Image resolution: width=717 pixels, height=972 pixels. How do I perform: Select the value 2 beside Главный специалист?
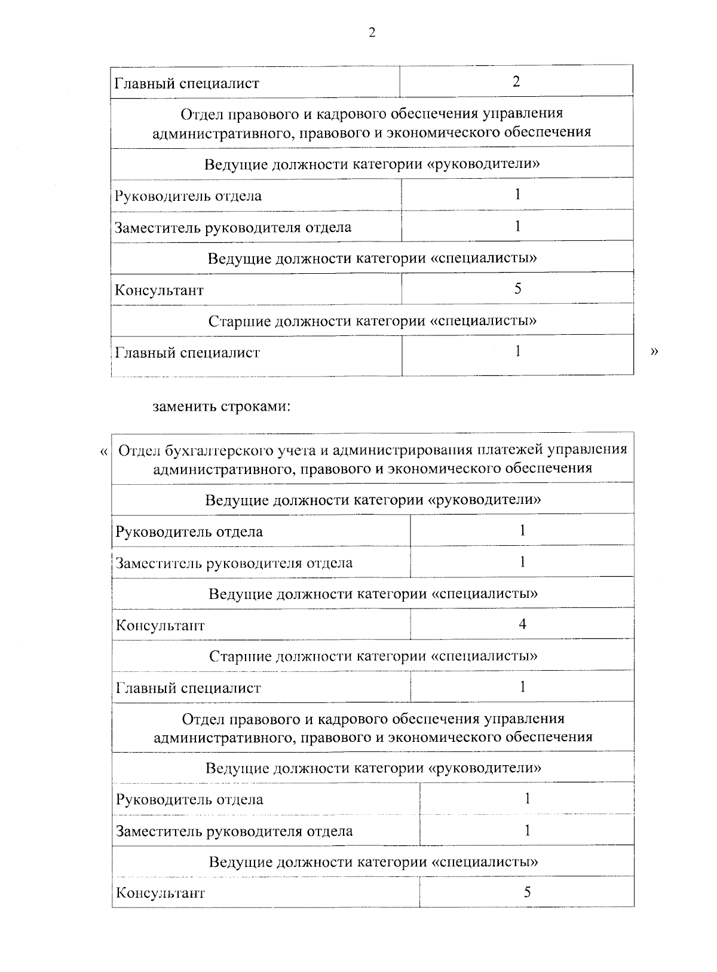coord(516,81)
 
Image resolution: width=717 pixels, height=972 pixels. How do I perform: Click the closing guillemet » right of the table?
coord(653,352)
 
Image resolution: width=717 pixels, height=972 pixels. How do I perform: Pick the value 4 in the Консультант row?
coord(522,625)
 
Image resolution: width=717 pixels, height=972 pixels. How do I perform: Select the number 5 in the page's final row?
coord(527,892)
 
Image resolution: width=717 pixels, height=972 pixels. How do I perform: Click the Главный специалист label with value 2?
coord(186,83)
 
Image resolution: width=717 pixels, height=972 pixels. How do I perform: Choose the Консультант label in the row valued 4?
coord(160,626)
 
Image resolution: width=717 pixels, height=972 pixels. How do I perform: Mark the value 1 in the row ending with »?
coord(517,351)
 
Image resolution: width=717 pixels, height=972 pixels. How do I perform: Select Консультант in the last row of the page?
coord(160,894)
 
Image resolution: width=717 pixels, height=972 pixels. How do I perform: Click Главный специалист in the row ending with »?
coord(187,353)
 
